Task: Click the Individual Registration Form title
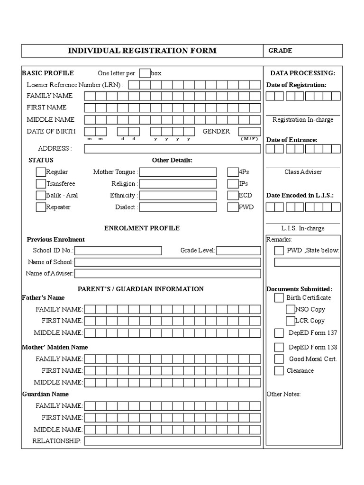[142, 51]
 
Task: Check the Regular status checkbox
[41, 172]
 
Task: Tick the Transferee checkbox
[41, 184]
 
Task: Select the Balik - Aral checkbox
[41, 195]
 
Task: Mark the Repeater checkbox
[41, 207]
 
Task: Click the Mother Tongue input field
[178, 172]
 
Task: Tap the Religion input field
[178, 184]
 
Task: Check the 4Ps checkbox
[233, 172]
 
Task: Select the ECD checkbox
[233, 195]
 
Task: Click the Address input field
[173, 149]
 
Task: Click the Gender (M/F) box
[249, 131]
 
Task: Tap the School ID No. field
[118, 251]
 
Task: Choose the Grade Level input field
[238, 251]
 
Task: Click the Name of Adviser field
[167, 273]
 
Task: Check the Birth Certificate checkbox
[279, 298]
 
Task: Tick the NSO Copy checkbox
[291, 309]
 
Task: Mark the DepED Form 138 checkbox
[279, 347]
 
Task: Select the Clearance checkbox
[279, 370]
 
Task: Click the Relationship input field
[173, 441]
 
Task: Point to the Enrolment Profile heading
[142, 228]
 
